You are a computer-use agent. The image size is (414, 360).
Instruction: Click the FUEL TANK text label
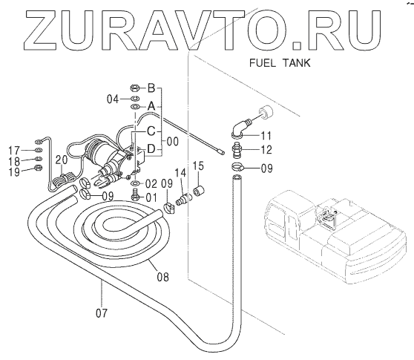(x=280, y=63)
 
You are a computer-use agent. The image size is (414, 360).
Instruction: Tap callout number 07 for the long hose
(x=102, y=313)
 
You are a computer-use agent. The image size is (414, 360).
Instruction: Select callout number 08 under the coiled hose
(x=162, y=277)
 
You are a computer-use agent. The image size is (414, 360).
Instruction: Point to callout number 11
(x=266, y=136)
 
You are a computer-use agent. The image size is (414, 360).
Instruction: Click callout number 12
(x=266, y=150)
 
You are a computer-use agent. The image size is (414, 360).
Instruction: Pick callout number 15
(x=198, y=166)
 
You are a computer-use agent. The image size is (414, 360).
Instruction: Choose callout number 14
(x=180, y=173)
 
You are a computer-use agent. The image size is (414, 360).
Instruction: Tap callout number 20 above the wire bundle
(x=62, y=160)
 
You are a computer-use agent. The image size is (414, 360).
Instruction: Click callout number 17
(x=14, y=151)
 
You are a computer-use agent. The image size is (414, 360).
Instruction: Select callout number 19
(x=14, y=172)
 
